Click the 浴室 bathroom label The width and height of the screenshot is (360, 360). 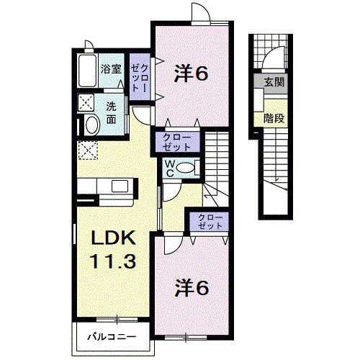pos(112,70)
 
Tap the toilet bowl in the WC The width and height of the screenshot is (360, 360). pos(186,168)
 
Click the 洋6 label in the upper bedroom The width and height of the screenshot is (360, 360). pos(192,72)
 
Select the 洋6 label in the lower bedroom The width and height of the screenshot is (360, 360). pos(192,288)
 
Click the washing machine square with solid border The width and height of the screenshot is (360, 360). pos(87,102)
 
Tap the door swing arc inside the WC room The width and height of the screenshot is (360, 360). pos(173,189)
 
